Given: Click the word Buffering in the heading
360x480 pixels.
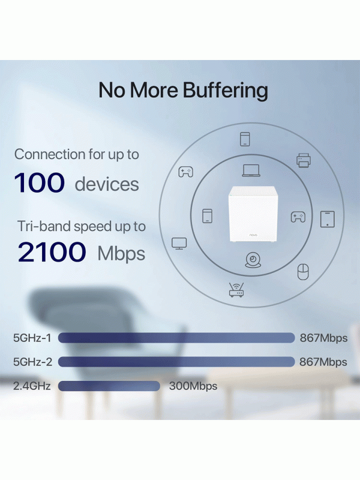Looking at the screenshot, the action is pos(226,91).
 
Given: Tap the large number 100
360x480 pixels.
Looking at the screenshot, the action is pos(40,183).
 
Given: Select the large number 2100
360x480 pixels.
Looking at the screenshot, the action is pos(52,252).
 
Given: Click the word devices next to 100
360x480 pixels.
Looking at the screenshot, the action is pos(107,184).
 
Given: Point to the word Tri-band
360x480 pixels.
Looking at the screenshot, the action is pos(43,227).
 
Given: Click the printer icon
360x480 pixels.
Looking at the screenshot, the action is pos(304,160).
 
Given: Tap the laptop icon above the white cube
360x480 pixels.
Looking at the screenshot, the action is pos(251,170).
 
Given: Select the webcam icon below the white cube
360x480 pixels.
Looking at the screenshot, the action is pos(253,260).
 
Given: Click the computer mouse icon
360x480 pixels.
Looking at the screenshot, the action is pos(303,272).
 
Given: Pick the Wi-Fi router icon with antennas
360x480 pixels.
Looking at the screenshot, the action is pos(236,290).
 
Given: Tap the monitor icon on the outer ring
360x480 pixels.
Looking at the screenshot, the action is pos(179,244).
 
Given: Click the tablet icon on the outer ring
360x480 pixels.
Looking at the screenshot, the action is pos(328,219).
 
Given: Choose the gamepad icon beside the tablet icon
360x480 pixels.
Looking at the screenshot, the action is pos(298,217).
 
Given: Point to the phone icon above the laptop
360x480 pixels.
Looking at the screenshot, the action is pos(245,139).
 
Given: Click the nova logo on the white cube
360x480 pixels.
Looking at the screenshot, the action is pos(253,235).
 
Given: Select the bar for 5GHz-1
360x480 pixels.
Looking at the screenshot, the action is pos(176,338).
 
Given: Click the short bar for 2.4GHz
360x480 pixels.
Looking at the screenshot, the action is pos(109,386).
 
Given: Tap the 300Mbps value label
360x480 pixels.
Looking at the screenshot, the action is pos(193,386).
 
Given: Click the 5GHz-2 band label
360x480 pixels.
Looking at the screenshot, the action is pos(33,362).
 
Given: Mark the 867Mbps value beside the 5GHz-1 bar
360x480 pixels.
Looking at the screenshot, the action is pos(323,338).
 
